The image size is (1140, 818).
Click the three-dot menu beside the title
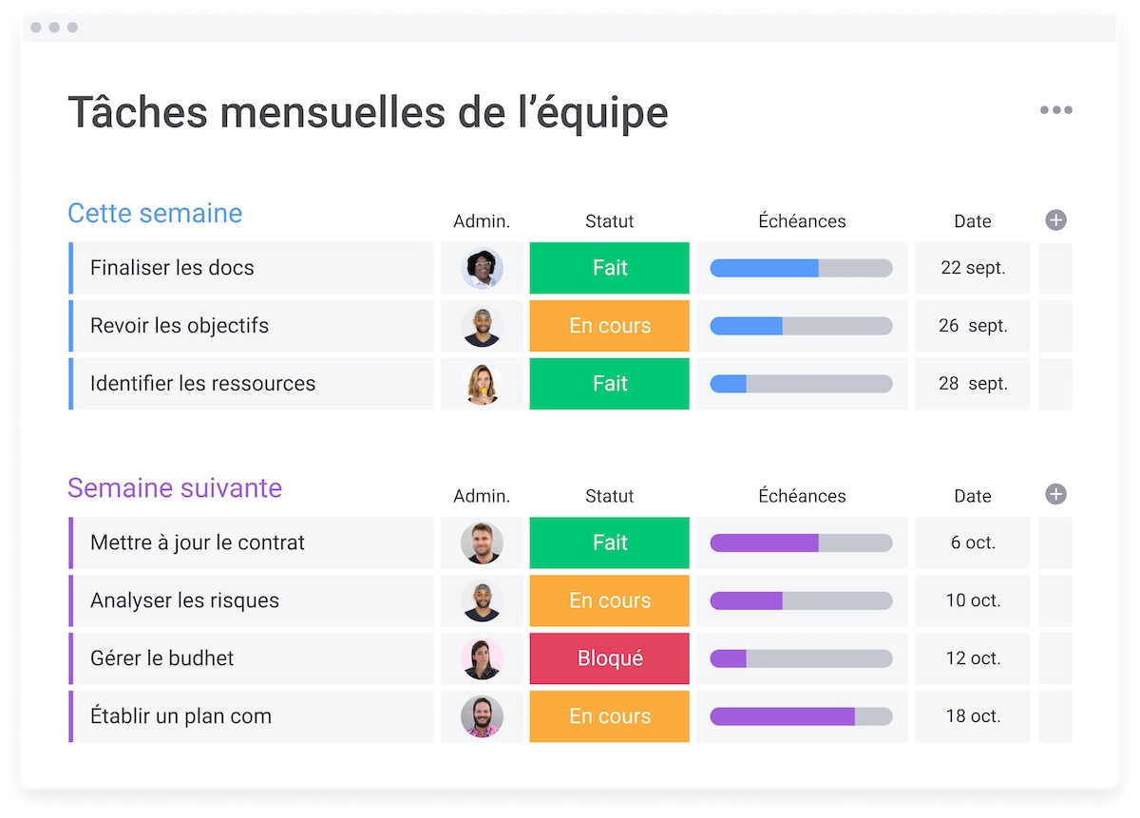pos(1055,110)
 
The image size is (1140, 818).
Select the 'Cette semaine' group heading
pos(155,213)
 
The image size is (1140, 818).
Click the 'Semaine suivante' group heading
pos(175,488)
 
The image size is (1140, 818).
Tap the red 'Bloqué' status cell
pos(609,658)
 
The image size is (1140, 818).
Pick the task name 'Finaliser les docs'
pos(172,268)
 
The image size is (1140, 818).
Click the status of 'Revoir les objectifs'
pos(609,326)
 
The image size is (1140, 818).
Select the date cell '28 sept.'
pos(972,384)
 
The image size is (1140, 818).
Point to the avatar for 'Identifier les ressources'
pos(482,384)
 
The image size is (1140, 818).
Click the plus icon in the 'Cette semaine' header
pos(1055,220)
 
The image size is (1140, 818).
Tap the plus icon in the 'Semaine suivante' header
pos(1055,494)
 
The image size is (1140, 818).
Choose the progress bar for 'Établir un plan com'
pos(801,716)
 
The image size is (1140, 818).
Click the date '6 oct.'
pos(972,542)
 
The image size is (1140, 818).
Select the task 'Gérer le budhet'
pos(161,658)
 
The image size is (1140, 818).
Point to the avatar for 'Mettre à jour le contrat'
pos(482,542)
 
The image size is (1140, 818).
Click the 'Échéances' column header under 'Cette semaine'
pos(802,221)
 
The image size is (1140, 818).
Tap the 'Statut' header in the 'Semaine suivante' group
pos(609,496)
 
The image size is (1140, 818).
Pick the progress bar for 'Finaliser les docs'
pos(801,268)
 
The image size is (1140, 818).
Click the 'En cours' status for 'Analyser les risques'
pos(609,600)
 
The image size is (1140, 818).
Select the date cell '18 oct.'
pos(972,716)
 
